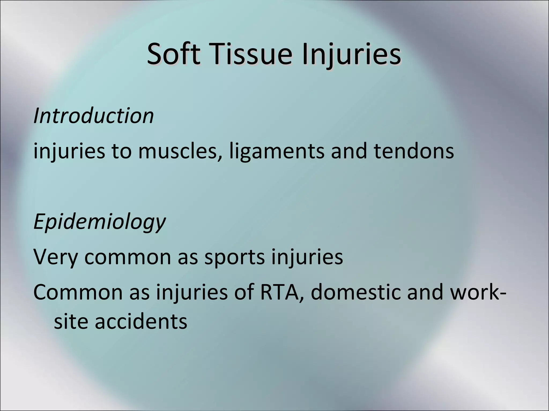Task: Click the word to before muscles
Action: [x=122, y=151]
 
